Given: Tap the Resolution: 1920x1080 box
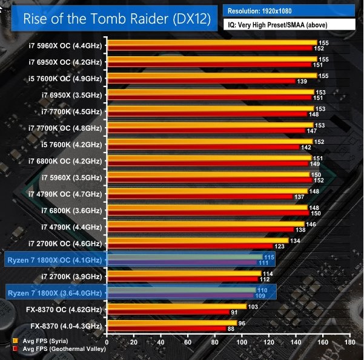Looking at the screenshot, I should tap(289, 11).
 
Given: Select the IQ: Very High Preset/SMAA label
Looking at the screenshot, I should tap(289, 26).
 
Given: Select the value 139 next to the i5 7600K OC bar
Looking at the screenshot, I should tap(301, 81).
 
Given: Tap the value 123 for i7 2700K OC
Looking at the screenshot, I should tap(280, 246).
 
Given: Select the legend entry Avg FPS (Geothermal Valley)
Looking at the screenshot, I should tap(58, 349).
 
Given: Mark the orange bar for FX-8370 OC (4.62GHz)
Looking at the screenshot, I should tap(177, 307).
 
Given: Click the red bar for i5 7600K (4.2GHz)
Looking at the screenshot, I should tap(204, 147).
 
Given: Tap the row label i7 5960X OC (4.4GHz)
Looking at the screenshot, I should tap(65, 45).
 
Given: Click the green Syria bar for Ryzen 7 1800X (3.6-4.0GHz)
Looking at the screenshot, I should tap(182, 290).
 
